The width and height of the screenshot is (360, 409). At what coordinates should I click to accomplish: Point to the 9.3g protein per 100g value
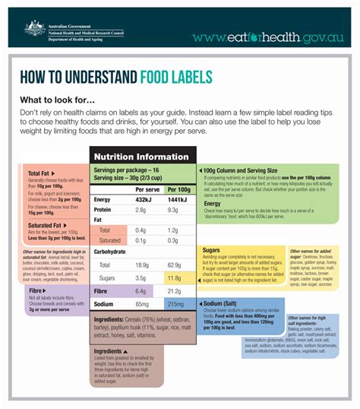(173, 209)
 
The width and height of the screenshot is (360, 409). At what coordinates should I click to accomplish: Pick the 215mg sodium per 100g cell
(176, 304)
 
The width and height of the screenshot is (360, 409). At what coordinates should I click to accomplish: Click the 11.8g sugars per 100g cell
(175, 278)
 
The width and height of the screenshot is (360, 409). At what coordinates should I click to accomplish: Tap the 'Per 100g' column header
(180, 189)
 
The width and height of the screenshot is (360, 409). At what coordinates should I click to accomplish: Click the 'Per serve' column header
(147, 189)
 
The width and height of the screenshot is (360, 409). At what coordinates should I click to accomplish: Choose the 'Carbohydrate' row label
(110, 251)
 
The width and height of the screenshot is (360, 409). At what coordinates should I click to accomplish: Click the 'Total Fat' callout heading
(39, 173)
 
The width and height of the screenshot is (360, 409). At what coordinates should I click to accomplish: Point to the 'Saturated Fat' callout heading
(45, 226)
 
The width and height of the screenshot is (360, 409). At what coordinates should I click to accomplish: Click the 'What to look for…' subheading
(58, 100)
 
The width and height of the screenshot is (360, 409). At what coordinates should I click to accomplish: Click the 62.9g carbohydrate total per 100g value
(175, 265)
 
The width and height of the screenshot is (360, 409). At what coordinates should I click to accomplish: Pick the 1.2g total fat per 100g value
(172, 230)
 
